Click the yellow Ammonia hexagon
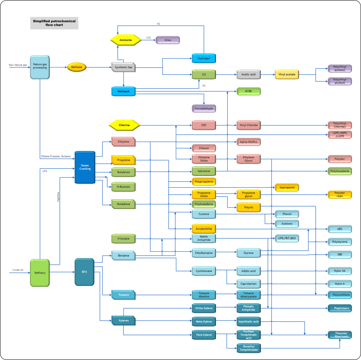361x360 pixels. click(126, 40)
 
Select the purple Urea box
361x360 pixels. click(168, 40)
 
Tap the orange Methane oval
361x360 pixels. click(77, 67)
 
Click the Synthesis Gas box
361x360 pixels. click(123, 67)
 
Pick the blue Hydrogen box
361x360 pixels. click(204, 58)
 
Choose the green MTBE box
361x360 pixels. click(249, 91)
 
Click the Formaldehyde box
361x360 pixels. click(204, 108)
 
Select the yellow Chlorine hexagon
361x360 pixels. click(124, 125)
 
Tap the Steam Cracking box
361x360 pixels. click(85, 167)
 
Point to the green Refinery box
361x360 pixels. click(40, 272)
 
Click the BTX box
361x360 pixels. click(84, 272)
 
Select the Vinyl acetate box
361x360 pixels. click(286, 74)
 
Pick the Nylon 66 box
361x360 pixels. click(340, 271)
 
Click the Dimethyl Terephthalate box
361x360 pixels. click(249, 348)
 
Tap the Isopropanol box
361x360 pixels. click(287, 188)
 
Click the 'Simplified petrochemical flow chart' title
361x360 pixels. click(54, 23)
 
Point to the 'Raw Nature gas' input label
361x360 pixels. click(18, 65)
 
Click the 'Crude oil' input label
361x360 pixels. click(18, 270)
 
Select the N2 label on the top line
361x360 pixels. click(159, 24)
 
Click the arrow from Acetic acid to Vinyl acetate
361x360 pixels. click(268, 74)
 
